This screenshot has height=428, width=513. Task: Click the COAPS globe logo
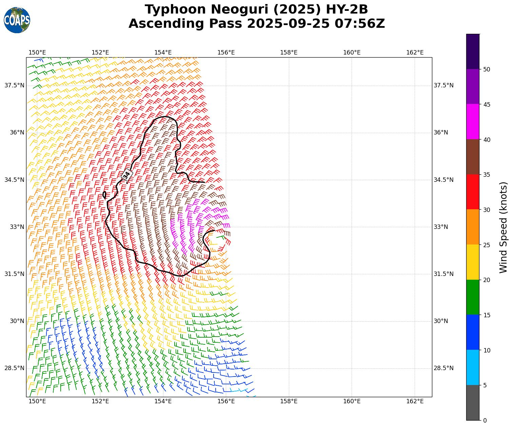point(17,20)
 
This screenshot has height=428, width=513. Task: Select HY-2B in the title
point(347,9)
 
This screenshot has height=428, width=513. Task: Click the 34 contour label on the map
point(126,175)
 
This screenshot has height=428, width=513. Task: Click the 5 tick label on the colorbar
point(485,385)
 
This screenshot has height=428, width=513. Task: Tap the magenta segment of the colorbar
point(473,122)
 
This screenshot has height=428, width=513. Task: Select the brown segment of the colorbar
point(473,157)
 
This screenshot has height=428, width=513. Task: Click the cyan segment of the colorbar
point(473,367)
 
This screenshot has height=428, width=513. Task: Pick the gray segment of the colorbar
point(473,403)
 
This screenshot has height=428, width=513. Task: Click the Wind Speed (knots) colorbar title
point(504,227)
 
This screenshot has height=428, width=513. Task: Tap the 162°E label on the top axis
point(415,52)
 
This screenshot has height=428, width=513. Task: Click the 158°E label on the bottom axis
point(289,401)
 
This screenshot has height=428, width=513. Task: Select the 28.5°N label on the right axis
point(443,368)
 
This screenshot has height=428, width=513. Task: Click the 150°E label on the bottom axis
point(37,401)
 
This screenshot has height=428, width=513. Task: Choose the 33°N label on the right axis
point(441,227)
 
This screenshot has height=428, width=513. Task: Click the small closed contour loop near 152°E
point(104,195)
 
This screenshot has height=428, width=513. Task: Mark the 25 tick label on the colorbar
point(487,245)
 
